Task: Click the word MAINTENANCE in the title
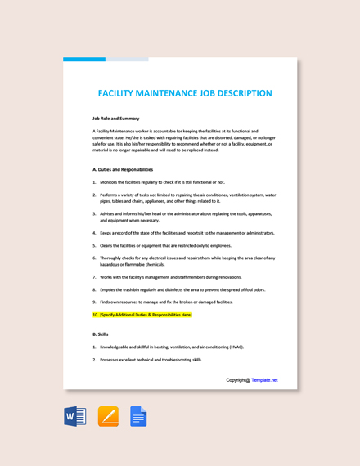tap(165, 93)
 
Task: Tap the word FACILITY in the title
tap(118, 93)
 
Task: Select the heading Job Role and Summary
tap(115, 119)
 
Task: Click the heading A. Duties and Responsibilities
tap(123, 169)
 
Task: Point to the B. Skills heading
tap(100, 334)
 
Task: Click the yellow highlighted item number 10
tap(142, 314)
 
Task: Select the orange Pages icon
tap(108, 417)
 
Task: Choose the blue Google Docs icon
tap(138, 417)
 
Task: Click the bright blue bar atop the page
tap(83, 59)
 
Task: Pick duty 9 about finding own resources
tap(164, 302)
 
